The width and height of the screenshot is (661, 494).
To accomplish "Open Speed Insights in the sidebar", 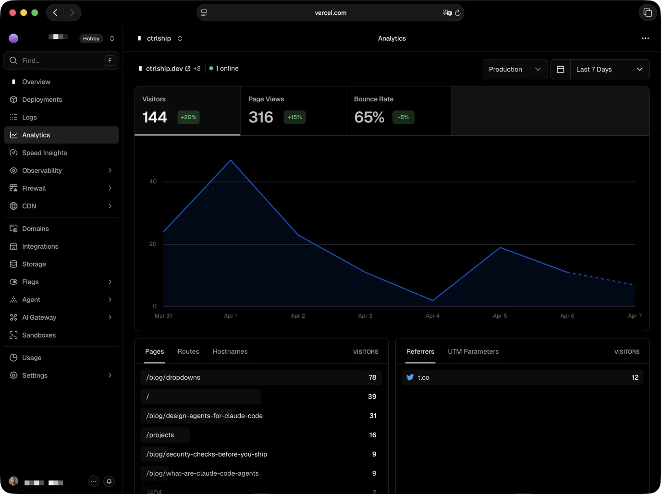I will click(x=44, y=153).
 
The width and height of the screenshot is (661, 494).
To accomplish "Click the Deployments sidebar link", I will click(x=42, y=99).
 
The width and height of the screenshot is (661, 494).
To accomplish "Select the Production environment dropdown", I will click(x=514, y=69).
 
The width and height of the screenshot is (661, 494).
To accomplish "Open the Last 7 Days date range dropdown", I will click(x=609, y=69).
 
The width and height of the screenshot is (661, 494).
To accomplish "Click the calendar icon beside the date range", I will click(x=560, y=69).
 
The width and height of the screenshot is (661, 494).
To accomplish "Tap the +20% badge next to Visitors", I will click(x=188, y=117).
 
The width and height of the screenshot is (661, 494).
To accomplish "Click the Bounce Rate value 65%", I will click(x=369, y=117).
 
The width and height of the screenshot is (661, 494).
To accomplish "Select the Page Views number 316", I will click(x=261, y=117).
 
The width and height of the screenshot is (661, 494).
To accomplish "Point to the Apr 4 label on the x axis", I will click(x=432, y=316).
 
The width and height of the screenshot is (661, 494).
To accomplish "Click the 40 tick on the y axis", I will click(x=153, y=181).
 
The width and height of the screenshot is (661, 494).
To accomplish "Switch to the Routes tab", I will click(x=188, y=351).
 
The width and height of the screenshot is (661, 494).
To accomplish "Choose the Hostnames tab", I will click(x=230, y=351).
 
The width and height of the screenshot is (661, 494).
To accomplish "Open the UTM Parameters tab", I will click(x=473, y=351).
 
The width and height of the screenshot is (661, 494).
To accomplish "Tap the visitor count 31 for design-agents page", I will click(x=373, y=416).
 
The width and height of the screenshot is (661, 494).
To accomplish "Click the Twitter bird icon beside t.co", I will click(x=410, y=377).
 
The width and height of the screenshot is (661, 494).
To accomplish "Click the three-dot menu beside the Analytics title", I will click(x=645, y=38).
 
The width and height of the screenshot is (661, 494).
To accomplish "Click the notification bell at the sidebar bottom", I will click(x=109, y=481).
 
